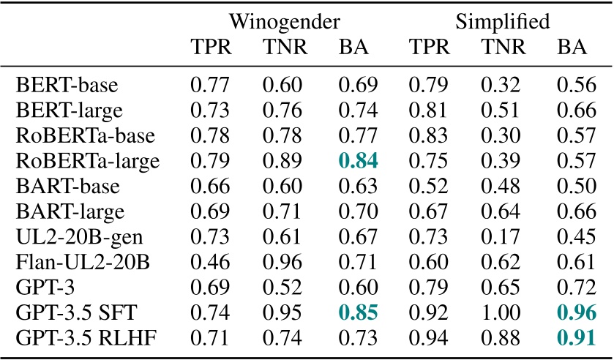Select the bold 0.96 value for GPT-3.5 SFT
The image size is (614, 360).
(x=573, y=315)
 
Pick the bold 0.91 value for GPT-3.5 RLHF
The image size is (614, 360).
(x=573, y=340)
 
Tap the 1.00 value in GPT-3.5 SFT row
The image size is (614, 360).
(x=499, y=315)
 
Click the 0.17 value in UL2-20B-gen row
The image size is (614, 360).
(x=499, y=237)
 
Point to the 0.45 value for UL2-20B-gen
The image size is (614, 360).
(x=573, y=237)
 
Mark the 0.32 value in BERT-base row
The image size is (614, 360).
(x=499, y=85)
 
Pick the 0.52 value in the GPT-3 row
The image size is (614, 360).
(x=281, y=289)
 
